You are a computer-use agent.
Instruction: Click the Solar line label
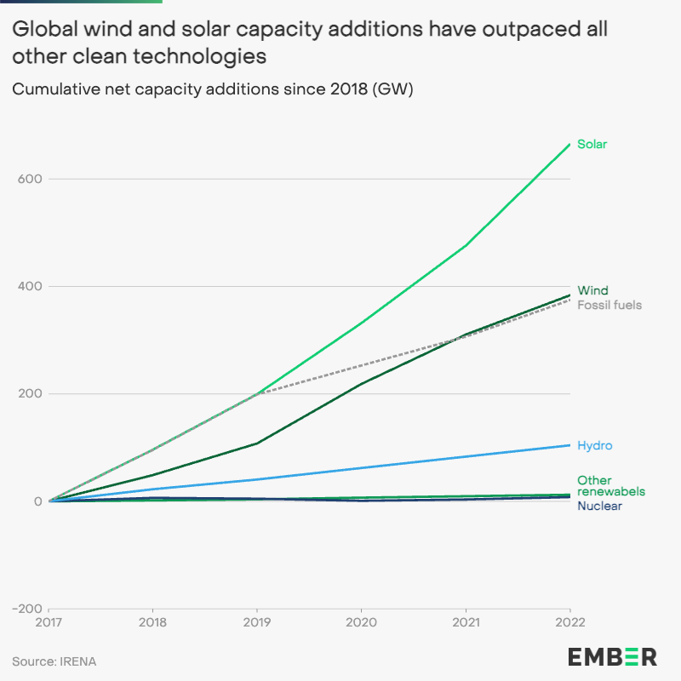point(592,144)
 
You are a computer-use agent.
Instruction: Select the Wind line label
point(592,290)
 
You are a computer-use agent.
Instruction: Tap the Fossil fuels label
point(609,305)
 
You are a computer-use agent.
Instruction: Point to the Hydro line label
point(594,445)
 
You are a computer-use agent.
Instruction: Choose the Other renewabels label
point(610,486)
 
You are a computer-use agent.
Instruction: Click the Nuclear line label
point(599,506)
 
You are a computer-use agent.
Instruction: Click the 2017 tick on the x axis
point(49,623)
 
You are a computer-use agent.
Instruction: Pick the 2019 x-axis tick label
point(257,623)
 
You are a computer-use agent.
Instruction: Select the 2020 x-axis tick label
point(361,623)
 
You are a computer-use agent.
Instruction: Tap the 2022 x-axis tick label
point(569,623)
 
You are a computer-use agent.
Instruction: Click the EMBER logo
point(612,656)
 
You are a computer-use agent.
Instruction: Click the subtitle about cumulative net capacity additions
point(212,89)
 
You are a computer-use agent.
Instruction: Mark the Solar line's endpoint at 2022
point(569,144)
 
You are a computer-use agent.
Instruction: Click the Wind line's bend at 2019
point(257,443)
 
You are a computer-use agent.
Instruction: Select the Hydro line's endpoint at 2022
point(569,445)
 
